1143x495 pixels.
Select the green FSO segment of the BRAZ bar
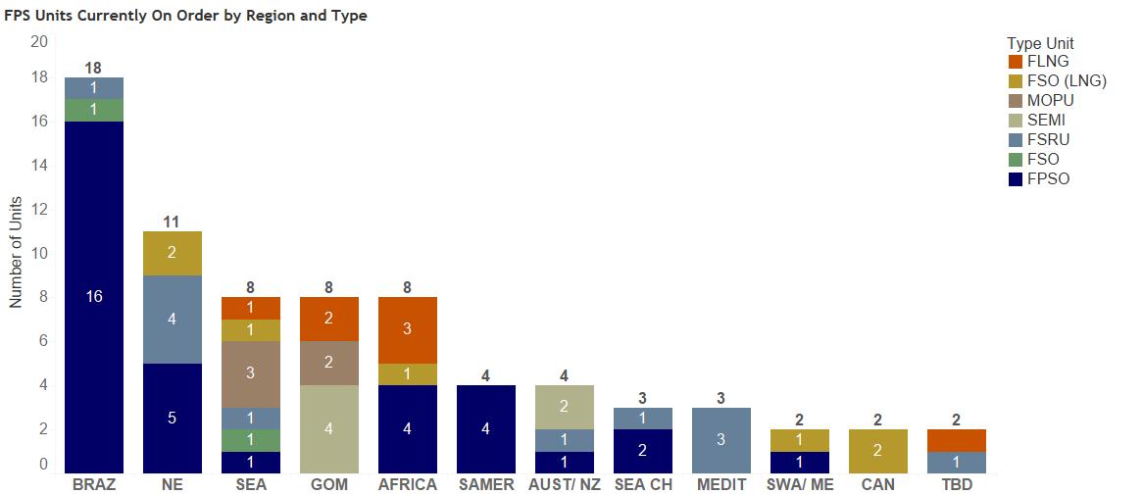[94, 110]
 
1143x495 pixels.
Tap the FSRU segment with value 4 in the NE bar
[173, 320]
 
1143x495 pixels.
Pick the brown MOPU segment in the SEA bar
[251, 373]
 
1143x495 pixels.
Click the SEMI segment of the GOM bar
[329, 429]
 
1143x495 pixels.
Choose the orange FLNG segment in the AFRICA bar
[408, 329]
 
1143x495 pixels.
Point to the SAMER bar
[486, 429]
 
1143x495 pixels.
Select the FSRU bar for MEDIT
[721, 440]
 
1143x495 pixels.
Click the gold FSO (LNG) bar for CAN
[878, 451]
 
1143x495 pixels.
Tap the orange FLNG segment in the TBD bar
[957, 440]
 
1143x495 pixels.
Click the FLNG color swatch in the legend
[1015, 62]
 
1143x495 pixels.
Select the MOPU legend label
[1051, 101]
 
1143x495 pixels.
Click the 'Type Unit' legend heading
[1040, 43]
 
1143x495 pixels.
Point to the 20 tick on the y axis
[39, 41]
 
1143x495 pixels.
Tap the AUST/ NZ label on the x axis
[564, 485]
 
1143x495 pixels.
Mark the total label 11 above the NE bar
[173, 222]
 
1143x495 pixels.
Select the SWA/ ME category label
[800, 485]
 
